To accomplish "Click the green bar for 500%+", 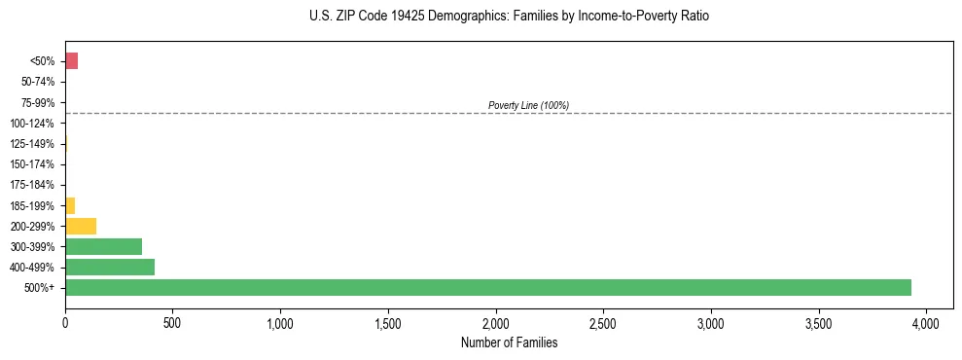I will pos(487,287).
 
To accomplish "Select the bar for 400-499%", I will pos(110,267).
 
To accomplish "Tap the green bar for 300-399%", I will pos(103,246).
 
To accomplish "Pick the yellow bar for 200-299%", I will pos(81,226).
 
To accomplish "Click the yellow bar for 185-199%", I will pos(70,205).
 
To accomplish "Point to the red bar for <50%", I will pos(71,61).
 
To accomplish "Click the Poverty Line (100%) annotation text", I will pos(528,105).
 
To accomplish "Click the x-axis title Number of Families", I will pos(510,342).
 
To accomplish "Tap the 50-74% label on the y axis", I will pos(37,82).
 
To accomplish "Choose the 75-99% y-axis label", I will pos(37,102).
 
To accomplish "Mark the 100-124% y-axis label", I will pos(34,123).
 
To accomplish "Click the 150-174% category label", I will pos(34,164).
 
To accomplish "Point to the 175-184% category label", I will pos(34,185).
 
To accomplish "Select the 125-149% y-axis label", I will pos(34,144).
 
